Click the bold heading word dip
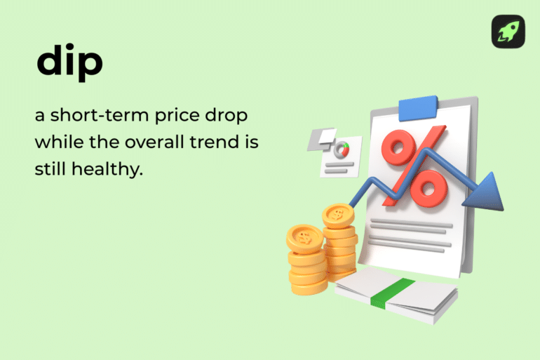point(69,62)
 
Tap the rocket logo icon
point(508,32)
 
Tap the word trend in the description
point(217,142)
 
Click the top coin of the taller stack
point(339,214)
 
